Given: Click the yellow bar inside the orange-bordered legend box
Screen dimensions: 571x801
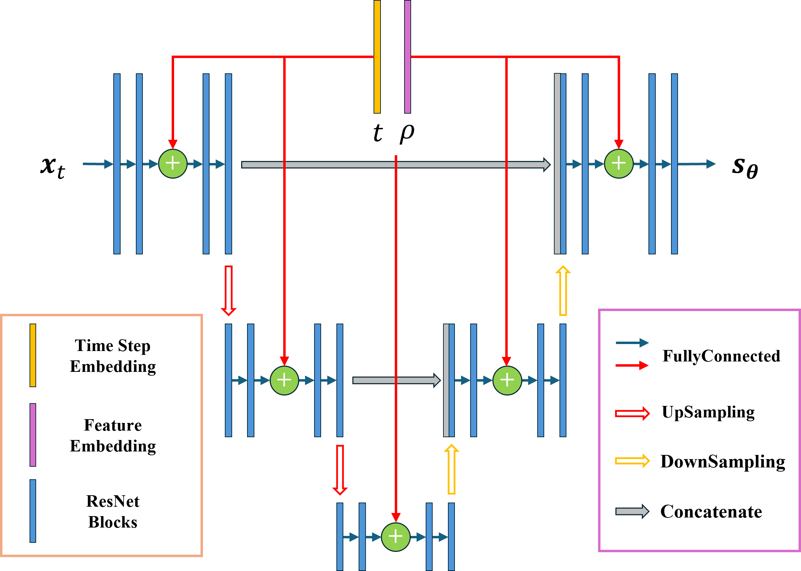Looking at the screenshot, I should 33,355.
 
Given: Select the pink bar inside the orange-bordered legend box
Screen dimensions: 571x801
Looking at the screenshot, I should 33,434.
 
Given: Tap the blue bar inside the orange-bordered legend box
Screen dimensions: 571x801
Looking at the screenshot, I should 33,511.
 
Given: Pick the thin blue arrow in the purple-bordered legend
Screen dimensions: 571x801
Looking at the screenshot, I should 632,343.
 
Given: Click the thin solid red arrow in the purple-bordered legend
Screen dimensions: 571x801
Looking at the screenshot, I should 632,365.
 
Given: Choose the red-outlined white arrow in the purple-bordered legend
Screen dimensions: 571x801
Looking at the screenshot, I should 632,414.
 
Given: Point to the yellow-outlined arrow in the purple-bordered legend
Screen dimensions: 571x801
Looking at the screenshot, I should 632,461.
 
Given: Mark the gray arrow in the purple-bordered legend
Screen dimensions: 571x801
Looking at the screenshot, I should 632,511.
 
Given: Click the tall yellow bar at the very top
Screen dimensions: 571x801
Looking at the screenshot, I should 377,56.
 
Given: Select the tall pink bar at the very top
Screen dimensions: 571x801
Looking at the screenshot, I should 407,56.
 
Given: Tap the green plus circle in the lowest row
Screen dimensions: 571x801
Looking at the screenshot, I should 396,537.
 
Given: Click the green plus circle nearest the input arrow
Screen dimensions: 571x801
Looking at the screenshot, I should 173,164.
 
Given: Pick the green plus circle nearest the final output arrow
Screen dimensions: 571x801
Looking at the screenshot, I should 619,164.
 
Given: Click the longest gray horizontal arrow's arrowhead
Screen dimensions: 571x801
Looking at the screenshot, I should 546,164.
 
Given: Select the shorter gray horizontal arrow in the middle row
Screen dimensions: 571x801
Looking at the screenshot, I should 396,381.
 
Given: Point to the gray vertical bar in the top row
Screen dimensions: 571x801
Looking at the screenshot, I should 557,164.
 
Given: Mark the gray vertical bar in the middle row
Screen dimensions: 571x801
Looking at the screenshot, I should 446,381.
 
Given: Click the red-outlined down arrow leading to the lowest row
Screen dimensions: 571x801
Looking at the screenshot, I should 340,470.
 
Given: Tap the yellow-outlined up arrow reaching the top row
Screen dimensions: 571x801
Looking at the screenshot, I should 563,291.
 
